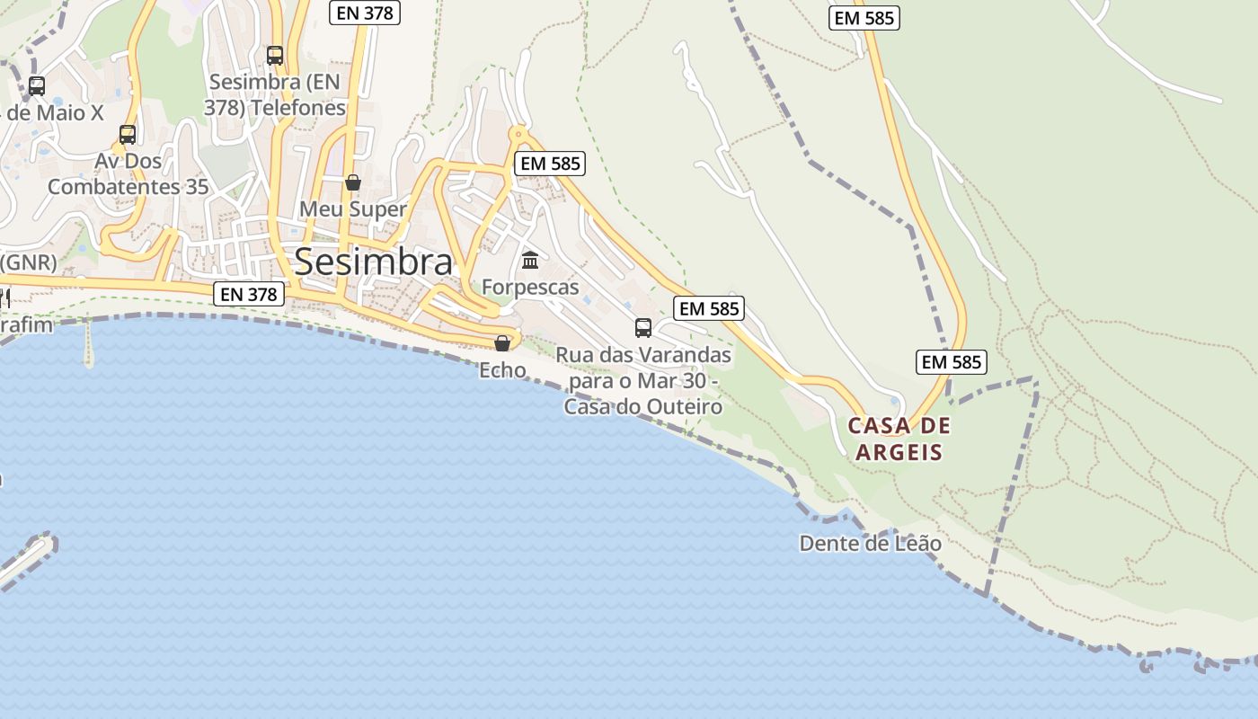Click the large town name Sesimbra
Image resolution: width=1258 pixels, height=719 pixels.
pos(373,262)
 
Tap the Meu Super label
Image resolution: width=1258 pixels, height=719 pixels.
pos(353,209)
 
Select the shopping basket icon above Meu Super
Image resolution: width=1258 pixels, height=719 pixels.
pos(353,182)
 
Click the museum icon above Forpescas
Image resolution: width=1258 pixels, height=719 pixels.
pos(530,261)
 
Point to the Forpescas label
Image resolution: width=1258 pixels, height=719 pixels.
pos(530,287)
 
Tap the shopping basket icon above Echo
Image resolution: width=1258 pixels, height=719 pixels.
pos(502,343)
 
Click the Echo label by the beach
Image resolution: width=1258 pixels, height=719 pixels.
pos(502,369)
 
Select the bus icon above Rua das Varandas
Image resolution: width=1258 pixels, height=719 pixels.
pos(643,327)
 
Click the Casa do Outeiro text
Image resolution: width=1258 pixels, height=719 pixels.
pos(643,407)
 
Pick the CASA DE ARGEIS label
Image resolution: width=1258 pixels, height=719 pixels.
pos(899,439)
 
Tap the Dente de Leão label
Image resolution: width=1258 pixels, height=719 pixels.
pos(870,544)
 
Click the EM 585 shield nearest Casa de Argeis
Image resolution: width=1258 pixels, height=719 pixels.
pos(952,362)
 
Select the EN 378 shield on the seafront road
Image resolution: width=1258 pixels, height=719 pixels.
pos(250,293)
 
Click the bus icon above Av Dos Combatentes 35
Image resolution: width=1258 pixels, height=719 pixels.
pos(128,135)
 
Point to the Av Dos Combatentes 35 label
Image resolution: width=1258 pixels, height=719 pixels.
pos(128,174)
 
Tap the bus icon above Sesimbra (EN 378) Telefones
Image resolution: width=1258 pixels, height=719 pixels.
pos(275,56)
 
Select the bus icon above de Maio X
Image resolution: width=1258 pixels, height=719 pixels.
pos(37,86)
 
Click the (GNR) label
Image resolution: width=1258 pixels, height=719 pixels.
pos(29,263)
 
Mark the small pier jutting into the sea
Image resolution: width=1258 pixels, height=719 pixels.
pos(88,346)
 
